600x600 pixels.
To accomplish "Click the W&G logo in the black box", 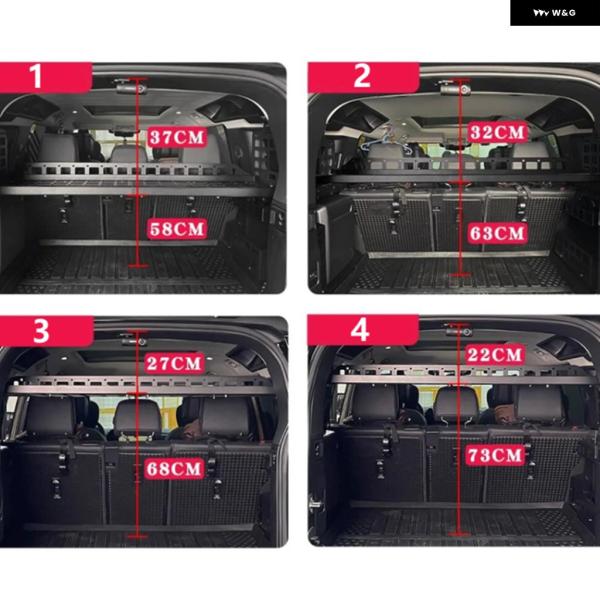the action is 554,13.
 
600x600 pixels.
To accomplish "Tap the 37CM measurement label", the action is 177,137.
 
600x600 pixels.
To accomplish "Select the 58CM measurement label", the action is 177,229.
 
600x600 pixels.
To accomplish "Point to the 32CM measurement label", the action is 497,132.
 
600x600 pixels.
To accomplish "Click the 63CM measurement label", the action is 497,233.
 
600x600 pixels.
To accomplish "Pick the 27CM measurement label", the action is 174,363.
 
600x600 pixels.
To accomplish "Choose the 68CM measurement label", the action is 174,469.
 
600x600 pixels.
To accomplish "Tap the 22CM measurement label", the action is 495,355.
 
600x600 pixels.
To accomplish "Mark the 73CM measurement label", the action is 495,455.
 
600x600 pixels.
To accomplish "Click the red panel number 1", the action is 36,77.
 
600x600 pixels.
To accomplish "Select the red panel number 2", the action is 362,76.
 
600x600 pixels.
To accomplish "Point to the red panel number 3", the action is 41,331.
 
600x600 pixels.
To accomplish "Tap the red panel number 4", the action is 360,329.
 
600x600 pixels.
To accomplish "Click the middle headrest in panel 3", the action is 137,417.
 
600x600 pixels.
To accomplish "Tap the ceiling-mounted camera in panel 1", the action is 130,88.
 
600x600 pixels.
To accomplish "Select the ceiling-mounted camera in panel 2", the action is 454,88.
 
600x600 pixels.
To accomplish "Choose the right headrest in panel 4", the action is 540,404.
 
